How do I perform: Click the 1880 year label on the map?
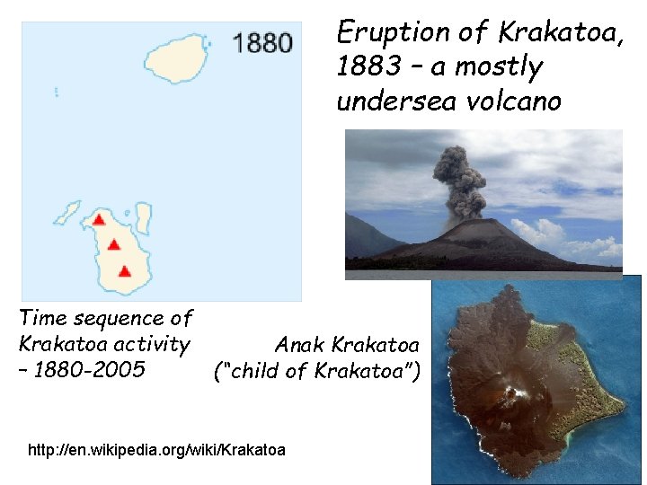tap(261, 43)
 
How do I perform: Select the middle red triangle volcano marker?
tap(114, 243)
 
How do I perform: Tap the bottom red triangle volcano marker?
tap(125, 270)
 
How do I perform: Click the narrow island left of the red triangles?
tap(67, 214)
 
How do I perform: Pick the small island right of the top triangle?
tap(143, 217)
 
